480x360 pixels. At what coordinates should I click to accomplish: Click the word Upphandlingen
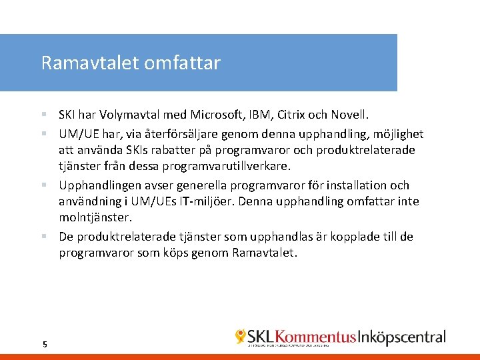pos(99,185)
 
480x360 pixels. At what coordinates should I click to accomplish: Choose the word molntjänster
pos(94,217)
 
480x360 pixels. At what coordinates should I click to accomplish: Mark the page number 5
pos(45,344)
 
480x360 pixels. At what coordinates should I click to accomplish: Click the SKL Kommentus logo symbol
pos(241,337)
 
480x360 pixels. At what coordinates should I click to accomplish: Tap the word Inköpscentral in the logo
pos(403,337)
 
